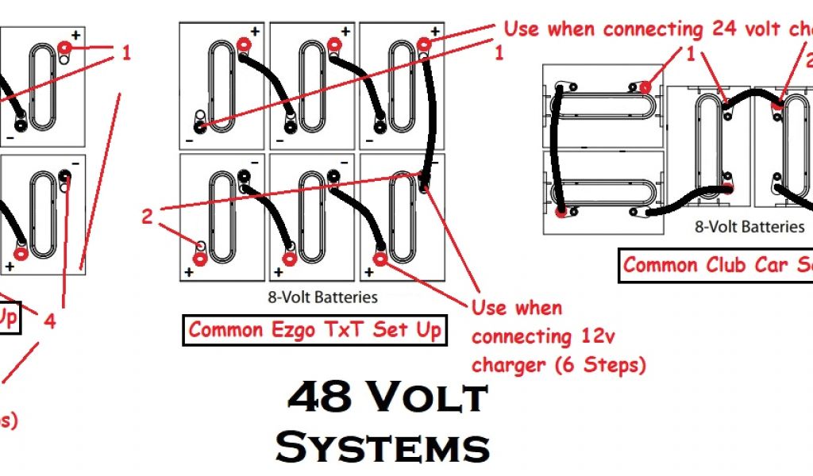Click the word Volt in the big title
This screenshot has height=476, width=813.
click(x=432, y=397)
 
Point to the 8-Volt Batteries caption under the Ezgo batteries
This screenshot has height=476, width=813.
click(x=323, y=298)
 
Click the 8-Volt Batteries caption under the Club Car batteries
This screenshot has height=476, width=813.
click(x=749, y=227)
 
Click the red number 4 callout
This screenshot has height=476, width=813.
click(x=50, y=321)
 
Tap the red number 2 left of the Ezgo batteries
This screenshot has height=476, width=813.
click(x=147, y=216)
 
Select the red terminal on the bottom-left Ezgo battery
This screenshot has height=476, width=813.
click(x=200, y=259)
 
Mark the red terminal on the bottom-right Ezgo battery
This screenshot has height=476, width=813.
click(x=380, y=259)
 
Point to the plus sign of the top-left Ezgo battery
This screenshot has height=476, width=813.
click(x=254, y=32)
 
